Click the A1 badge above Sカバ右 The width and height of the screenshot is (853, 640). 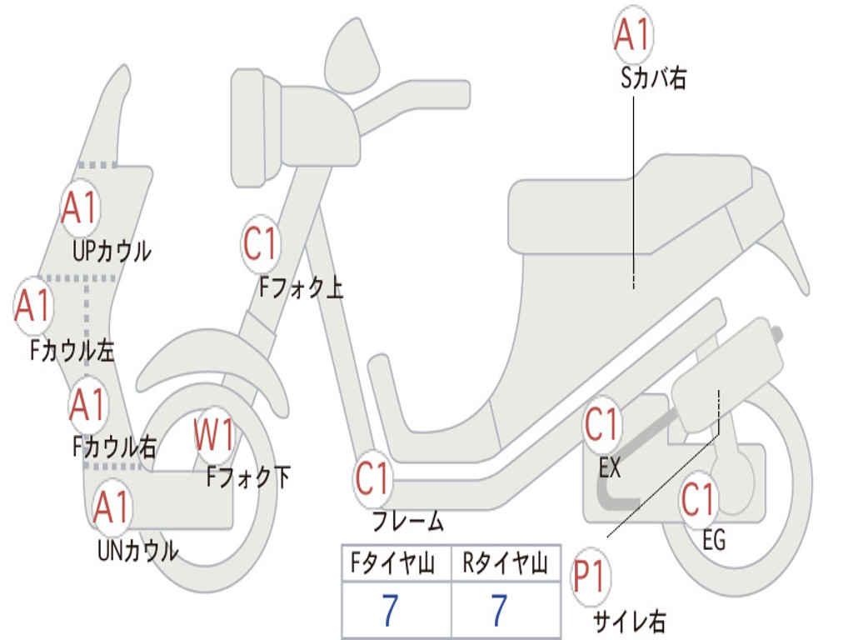click(633, 34)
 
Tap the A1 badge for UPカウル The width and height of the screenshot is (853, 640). click(80, 207)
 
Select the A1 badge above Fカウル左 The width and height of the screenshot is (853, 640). click(33, 305)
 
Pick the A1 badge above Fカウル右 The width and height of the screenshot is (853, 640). click(87, 405)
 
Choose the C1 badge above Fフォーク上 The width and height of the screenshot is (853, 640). click(261, 244)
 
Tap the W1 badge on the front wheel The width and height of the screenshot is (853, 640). click(214, 435)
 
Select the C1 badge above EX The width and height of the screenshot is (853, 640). click(601, 424)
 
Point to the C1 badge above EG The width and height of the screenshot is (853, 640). click(699, 499)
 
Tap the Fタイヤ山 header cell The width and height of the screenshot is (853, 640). click(397, 562)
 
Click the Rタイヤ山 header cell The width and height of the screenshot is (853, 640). click(506, 562)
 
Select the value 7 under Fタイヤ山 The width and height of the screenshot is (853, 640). click(390, 610)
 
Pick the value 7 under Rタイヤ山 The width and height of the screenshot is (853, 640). click(499, 610)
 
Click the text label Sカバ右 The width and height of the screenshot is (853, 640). click(653, 78)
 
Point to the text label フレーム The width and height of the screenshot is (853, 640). click(408, 521)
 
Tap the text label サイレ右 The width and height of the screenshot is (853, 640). click(630, 622)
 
